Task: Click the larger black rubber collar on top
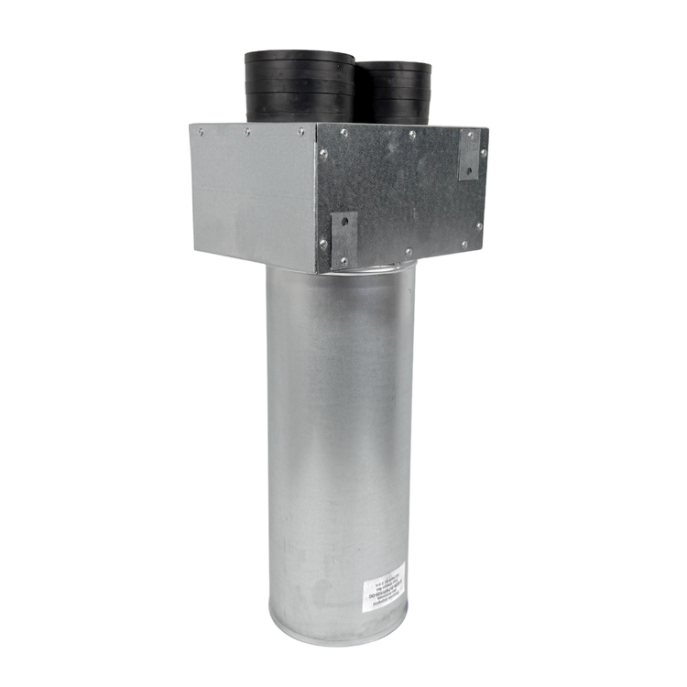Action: click(x=299, y=87)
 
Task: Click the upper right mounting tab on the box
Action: click(x=468, y=154)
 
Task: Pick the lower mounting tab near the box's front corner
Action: click(x=343, y=239)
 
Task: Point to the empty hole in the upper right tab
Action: click(x=468, y=169)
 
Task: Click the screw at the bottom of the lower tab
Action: click(x=343, y=260)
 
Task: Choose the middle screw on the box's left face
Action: click(x=247, y=132)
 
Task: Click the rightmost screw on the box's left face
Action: click(x=300, y=132)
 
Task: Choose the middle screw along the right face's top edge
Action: click(x=411, y=135)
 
